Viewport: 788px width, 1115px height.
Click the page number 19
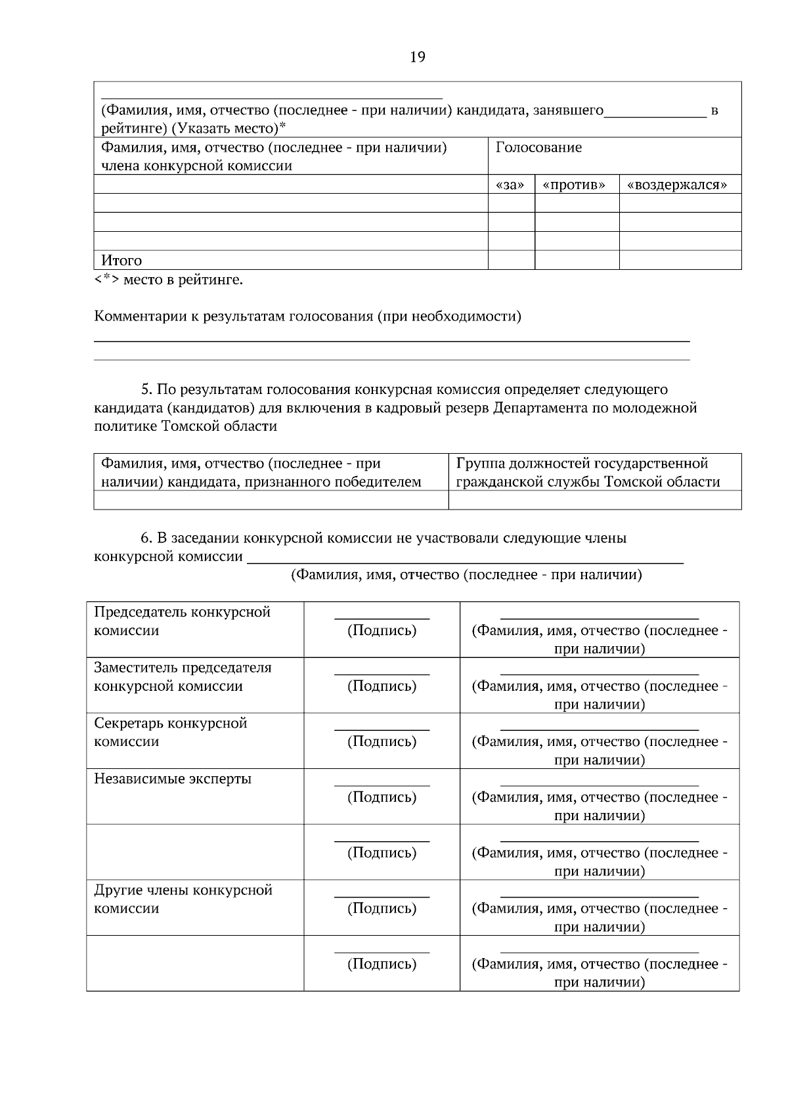tap(417, 57)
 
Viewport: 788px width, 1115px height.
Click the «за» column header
tap(510, 185)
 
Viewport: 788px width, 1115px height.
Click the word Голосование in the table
tap(538, 148)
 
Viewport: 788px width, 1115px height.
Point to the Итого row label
tap(121, 261)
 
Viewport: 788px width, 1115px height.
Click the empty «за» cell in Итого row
tap(511, 261)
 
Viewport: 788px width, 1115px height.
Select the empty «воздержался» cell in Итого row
tap(680, 261)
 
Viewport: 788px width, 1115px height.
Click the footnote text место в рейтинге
tap(183, 280)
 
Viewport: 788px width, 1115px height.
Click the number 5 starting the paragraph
tap(145, 389)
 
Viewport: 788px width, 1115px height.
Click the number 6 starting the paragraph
tap(145, 538)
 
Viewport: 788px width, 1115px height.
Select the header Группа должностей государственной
tap(582, 464)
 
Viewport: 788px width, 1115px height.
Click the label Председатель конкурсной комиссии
tap(182, 621)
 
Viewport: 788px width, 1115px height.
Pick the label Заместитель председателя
tap(183, 668)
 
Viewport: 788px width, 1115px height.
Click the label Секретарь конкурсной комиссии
tap(170, 732)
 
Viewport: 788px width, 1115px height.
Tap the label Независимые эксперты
tap(173, 779)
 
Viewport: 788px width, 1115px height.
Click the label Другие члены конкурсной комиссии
tap(183, 899)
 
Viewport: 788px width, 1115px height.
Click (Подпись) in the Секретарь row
tap(382, 742)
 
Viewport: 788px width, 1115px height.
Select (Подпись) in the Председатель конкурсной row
tap(382, 631)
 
